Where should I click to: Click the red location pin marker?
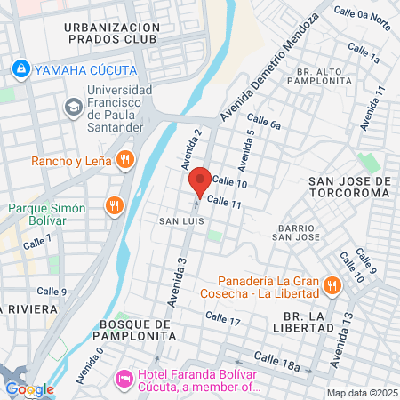(x=200, y=181)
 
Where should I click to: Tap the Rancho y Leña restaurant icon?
(x=125, y=160)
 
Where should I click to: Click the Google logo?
(x=29, y=388)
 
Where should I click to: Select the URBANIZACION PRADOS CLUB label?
(x=112, y=34)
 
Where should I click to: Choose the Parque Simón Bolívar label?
(x=46, y=214)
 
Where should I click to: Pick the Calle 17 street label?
(x=223, y=318)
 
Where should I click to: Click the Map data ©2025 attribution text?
(x=360, y=393)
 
